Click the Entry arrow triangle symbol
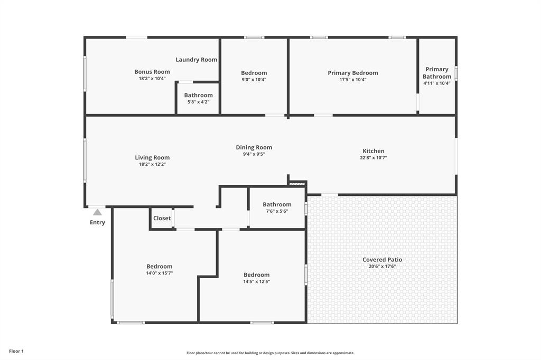pyautogui.click(x=97, y=212)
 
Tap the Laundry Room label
pyautogui.click(x=197, y=60)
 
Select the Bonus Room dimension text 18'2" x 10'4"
pyautogui.click(x=152, y=79)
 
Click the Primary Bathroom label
pyautogui.click(x=437, y=73)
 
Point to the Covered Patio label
pyautogui.click(x=382, y=260)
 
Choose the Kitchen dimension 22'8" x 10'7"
pyautogui.click(x=374, y=158)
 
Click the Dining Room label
pyautogui.click(x=254, y=147)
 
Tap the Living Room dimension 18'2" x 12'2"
pyautogui.click(x=152, y=164)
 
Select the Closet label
pyautogui.click(x=162, y=218)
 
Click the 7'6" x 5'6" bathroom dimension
pyautogui.click(x=277, y=211)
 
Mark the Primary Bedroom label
pyautogui.click(x=353, y=73)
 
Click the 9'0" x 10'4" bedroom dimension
pyautogui.click(x=254, y=80)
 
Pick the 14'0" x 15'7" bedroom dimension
pyautogui.click(x=160, y=273)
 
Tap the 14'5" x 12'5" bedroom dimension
pyautogui.click(x=257, y=281)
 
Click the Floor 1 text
pyautogui.click(x=16, y=351)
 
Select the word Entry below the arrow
pyautogui.click(x=97, y=222)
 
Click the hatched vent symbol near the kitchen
pyautogui.click(x=297, y=184)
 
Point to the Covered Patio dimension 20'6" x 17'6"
pyautogui.click(x=382, y=267)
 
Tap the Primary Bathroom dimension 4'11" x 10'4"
pyautogui.click(x=437, y=83)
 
